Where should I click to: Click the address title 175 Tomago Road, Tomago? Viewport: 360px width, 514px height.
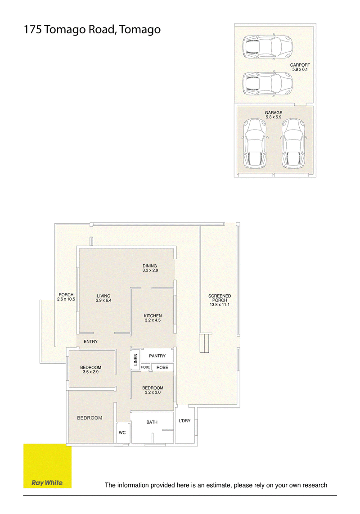pos(92,30)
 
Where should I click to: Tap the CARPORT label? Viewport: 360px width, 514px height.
pos(300,65)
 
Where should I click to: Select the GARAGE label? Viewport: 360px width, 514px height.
pos(274,113)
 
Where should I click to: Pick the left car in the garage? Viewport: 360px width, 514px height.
pos(255,143)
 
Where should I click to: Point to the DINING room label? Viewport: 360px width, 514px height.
pos(150,266)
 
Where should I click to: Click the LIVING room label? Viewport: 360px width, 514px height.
pos(103,296)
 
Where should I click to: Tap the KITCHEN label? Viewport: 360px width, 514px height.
pos(153,316)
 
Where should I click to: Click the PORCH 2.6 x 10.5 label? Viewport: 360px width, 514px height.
pos(66,297)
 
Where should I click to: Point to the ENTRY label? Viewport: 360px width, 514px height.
pos(91,342)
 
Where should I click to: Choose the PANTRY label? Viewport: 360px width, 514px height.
pos(157,356)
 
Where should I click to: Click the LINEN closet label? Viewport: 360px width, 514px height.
pos(135,360)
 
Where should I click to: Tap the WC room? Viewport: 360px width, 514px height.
pos(122,433)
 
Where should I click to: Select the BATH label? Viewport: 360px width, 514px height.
pos(152,422)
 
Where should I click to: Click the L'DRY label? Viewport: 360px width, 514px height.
pos(184,420)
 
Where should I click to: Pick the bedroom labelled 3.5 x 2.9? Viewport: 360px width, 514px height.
pos(91,370)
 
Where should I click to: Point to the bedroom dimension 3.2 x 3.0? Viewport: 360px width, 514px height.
pos(153,392)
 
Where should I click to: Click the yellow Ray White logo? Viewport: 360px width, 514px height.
pos(47,466)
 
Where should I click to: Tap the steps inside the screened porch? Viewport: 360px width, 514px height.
pos(204,343)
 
